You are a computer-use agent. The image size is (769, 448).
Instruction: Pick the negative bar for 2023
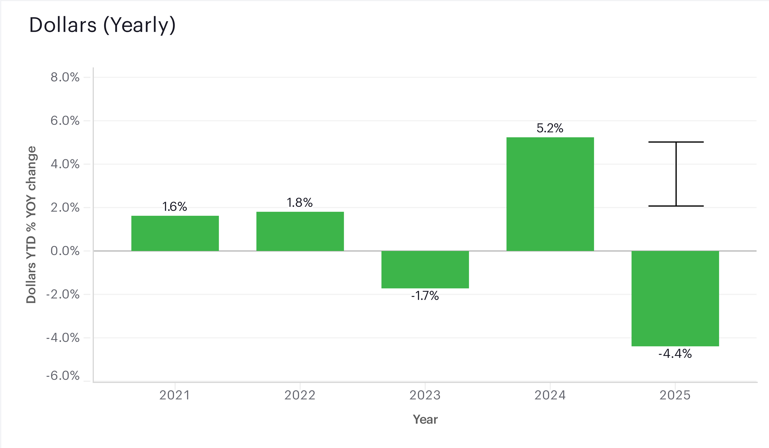click(x=425, y=269)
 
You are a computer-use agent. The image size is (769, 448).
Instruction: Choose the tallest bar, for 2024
click(x=550, y=194)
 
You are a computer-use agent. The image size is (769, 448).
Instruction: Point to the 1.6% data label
click(x=175, y=207)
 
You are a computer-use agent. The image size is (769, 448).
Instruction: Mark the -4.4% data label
click(x=675, y=354)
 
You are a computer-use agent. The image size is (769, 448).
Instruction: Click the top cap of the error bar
click(x=676, y=142)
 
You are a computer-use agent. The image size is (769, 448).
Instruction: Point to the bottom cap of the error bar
click(x=676, y=206)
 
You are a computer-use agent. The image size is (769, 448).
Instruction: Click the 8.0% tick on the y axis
click(x=65, y=77)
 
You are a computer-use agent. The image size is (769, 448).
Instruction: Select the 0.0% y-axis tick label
click(x=65, y=251)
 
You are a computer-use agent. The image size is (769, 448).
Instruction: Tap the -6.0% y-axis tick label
click(x=63, y=376)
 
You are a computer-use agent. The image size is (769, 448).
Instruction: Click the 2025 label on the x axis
click(x=675, y=395)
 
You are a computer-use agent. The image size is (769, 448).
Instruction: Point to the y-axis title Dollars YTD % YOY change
click(x=31, y=225)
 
